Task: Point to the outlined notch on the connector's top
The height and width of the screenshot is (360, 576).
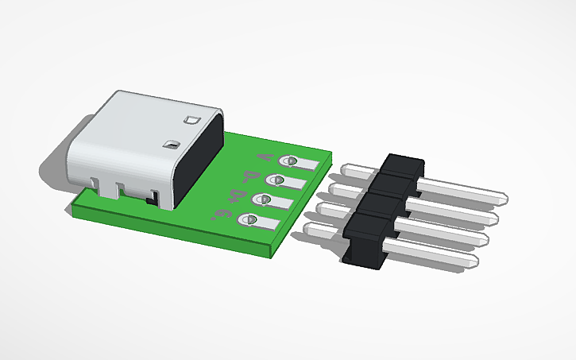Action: pyautogui.click(x=190, y=121)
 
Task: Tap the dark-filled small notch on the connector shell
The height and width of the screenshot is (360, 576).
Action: pyautogui.click(x=169, y=145)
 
